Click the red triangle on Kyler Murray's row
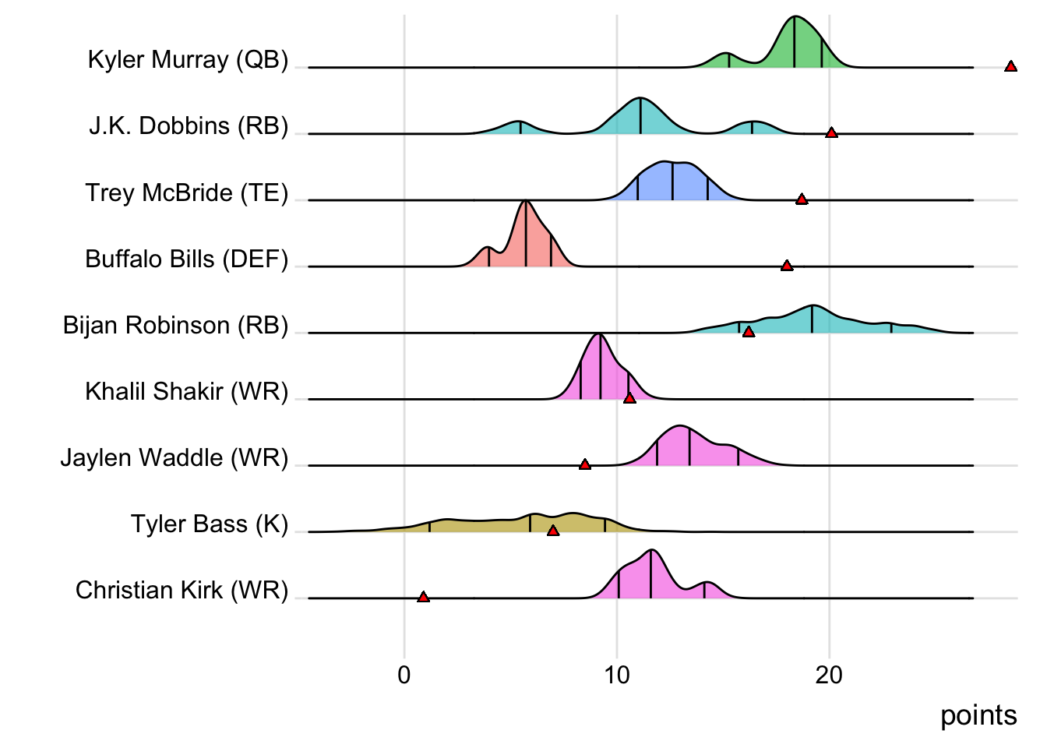click(x=1010, y=66)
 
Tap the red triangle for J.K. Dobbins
click(x=831, y=132)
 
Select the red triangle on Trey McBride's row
click(x=802, y=199)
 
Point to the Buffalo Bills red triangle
click(x=787, y=266)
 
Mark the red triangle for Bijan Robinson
click(x=749, y=332)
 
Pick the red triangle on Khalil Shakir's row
click(x=629, y=398)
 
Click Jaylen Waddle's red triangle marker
click(x=585, y=464)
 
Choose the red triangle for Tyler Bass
click(x=553, y=531)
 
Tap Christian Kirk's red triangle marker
click(x=423, y=597)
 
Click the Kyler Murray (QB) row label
click(x=188, y=60)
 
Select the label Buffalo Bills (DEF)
click(x=187, y=259)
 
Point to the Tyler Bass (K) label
click(x=210, y=524)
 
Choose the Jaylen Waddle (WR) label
click(x=174, y=457)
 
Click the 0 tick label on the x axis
click(x=404, y=675)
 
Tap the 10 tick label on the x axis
click(x=616, y=675)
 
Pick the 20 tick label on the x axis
click(x=829, y=675)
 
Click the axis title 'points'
click(x=978, y=715)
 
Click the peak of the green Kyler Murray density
click(x=795, y=17)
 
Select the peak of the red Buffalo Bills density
click(x=527, y=202)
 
